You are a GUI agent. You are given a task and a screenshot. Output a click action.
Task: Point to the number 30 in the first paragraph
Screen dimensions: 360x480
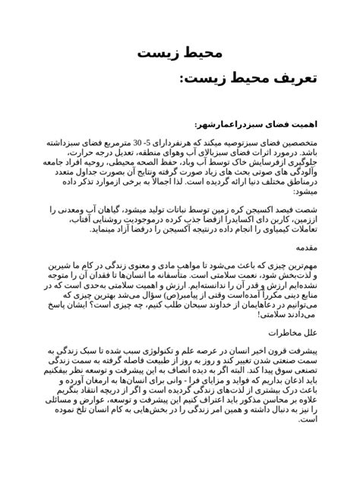pos(143,143)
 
